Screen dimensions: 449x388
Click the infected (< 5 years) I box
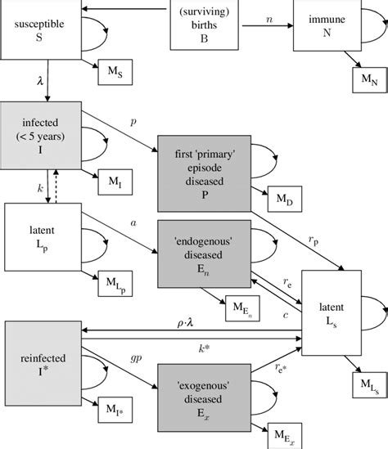[x=39, y=132]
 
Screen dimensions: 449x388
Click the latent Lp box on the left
[x=39, y=234]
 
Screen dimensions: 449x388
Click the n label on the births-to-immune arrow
[x=268, y=16]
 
